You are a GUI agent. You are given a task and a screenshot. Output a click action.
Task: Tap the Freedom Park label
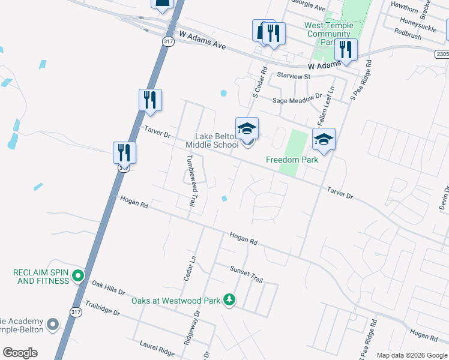click(291, 160)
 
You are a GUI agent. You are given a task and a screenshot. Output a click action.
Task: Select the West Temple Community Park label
click(328, 34)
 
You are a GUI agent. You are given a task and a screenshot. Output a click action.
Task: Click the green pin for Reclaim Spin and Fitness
click(77, 277)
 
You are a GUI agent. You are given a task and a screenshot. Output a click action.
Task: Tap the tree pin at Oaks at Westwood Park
click(229, 299)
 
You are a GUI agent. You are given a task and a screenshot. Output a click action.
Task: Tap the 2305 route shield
click(442, 54)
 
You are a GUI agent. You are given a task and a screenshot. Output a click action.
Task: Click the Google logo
click(20, 353)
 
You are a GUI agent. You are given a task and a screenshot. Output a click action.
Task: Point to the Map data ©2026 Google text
click(411, 355)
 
